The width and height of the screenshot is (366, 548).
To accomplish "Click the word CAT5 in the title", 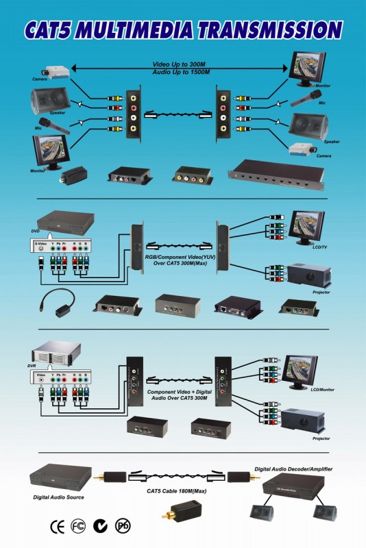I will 59,30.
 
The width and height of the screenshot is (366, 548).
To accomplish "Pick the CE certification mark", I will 58,527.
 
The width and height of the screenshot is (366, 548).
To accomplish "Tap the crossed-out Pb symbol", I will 123,526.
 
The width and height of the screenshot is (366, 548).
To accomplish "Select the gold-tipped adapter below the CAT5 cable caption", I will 180,511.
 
